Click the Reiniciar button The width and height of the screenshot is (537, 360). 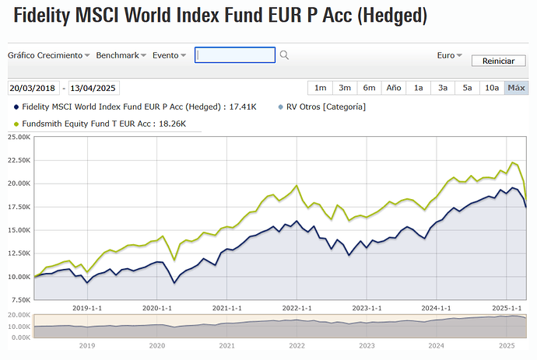(x=498, y=61)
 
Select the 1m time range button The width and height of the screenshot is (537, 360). (x=320, y=88)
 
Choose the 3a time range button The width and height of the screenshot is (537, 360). (x=443, y=88)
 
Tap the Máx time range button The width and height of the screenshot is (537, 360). (x=516, y=88)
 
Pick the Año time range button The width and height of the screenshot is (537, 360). (x=393, y=88)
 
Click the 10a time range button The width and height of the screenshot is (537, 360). (x=491, y=88)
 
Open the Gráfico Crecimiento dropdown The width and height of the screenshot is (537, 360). (x=49, y=55)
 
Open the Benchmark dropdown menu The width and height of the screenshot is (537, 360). (x=122, y=55)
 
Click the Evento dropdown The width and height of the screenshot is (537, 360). (x=169, y=55)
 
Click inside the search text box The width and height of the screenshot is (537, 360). (x=234, y=55)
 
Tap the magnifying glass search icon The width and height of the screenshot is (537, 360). (x=284, y=55)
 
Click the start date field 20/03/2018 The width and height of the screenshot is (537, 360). (x=33, y=89)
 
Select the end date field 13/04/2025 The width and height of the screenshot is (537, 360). (x=94, y=89)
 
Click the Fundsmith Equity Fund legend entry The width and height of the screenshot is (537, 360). (x=99, y=123)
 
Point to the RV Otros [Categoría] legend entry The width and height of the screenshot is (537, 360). (x=325, y=107)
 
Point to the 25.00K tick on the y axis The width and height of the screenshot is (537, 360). (x=17, y=137)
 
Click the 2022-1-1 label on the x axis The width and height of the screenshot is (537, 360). (x=297, y=307)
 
